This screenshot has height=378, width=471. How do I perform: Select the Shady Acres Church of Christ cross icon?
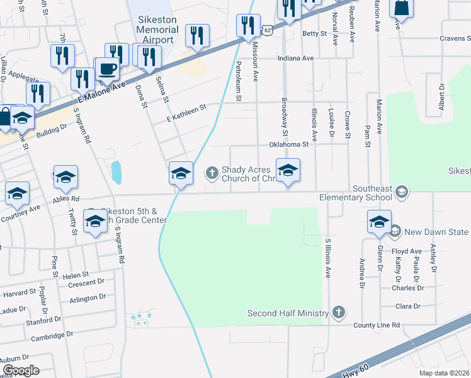[x=212, y=171]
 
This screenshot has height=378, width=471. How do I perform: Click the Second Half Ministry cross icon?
[x=339, y=312]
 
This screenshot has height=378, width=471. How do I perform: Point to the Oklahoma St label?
[x=290, y=144]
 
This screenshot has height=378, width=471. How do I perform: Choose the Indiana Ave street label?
[x=295, y=59]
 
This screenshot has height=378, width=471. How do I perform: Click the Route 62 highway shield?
[x=268, y=30]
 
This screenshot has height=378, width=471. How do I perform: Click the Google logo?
[x=21, y=370]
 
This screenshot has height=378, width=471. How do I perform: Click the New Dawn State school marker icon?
[x=395, y=232]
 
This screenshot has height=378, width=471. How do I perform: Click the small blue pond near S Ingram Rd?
[x=116, y=173]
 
